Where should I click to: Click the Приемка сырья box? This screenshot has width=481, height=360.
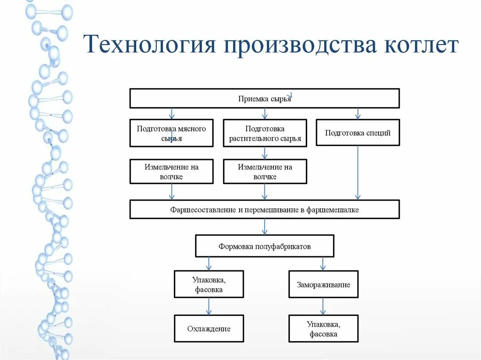point(264,99)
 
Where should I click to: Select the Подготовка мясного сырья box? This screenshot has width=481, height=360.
point(171,133)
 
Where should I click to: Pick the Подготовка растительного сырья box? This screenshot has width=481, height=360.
point(264,133)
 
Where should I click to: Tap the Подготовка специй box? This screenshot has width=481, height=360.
point(357,133)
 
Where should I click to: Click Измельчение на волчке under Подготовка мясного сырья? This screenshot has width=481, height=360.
point(171,171)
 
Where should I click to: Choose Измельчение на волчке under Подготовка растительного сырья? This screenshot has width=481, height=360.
point(264,171)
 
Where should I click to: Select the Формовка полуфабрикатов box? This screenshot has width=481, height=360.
point(264,246)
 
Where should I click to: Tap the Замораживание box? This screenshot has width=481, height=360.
point(323,284)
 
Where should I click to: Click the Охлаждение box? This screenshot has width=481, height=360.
point(209,329)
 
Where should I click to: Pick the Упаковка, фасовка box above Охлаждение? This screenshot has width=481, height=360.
point(209,284)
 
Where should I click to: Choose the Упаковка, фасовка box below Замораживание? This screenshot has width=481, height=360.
point(323,329)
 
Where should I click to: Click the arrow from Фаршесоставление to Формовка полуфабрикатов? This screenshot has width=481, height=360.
point(264,227)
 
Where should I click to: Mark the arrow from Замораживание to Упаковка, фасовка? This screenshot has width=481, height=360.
point(323,306)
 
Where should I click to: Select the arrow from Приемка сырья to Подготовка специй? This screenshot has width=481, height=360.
point(357,114)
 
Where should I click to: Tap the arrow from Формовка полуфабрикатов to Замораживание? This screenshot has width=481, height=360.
point(323,263)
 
